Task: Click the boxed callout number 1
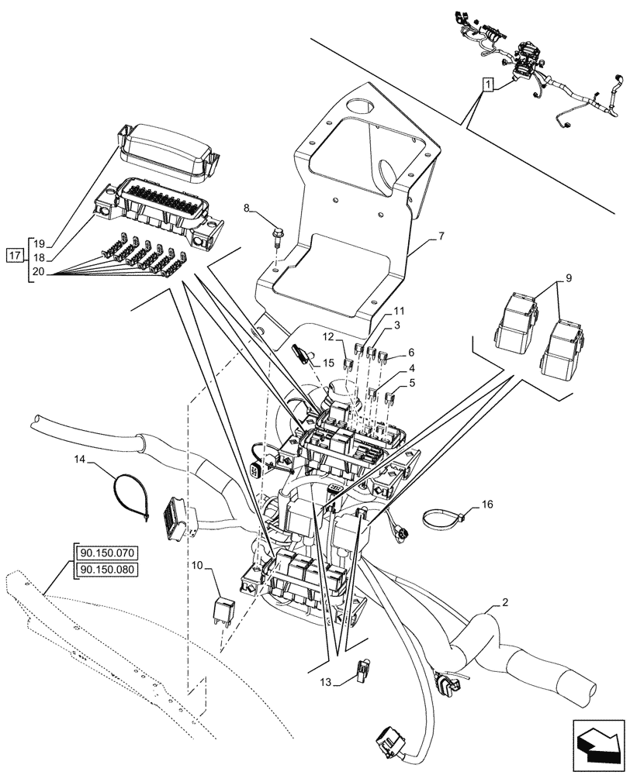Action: [x=486, y=85]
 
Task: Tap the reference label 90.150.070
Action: [x=107, y=554]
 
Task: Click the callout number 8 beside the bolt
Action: [x=247, y=208]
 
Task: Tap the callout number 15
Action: [x=328, y=362]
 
